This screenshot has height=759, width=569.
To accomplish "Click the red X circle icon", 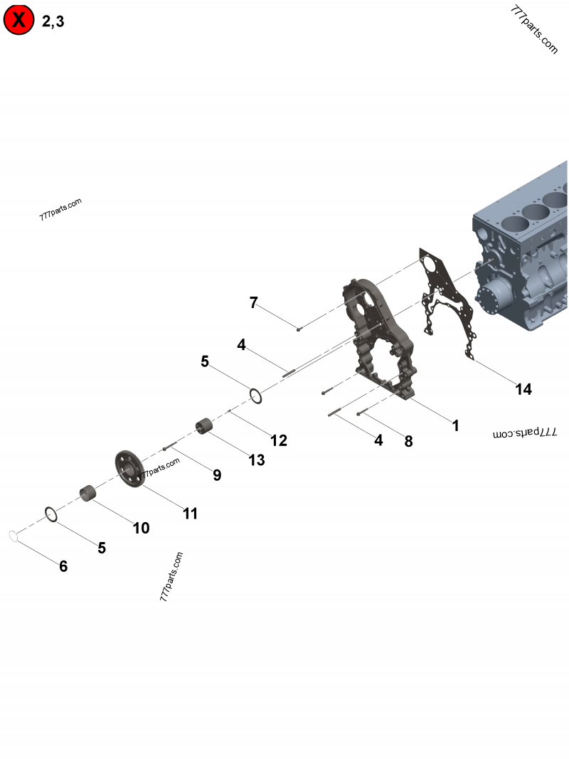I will pyautogui.click(x=19, y=21).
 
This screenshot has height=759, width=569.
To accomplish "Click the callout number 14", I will pyautogui.click(x=523, y=389).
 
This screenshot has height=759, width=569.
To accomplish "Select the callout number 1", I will pyautogui.click(x=455, y=426).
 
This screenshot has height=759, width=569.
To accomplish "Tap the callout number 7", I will pyautogui.click(x=253, y=302).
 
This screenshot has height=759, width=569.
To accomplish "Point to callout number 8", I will pyautogui.click(x=408, y=441).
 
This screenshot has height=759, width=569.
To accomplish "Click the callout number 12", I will pyautogui.click(x=279, y=440).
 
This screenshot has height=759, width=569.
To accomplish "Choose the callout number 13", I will pyautogui.click(x=256, y=460).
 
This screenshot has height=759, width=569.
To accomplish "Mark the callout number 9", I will pyautogui.click(x=217, y=475).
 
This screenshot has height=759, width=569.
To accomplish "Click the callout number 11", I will pyautogui.click(x=190, y=513).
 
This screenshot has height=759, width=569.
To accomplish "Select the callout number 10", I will pyautogui.click(x=141, y=528).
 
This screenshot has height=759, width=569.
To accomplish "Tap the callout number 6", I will pyautogui.click(x=63, y=566).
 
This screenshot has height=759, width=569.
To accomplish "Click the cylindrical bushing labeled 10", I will pyautogui.click(x=87, y=492).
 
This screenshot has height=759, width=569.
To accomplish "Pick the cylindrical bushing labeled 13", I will pyautogui.click(x=206, y=427).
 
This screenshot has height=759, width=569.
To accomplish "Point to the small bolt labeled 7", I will pyautogui.click(x=299, y=328).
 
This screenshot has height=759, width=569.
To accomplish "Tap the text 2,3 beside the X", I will pyautogui.click(x=53, y=22).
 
